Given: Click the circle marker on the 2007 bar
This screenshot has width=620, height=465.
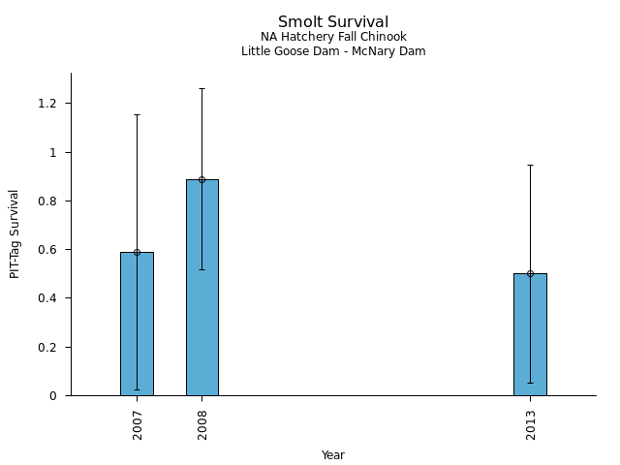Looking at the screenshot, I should (137, 252).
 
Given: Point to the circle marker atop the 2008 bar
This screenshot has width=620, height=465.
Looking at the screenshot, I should (202, 179).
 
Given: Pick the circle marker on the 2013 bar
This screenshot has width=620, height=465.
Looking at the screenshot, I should (530, 273).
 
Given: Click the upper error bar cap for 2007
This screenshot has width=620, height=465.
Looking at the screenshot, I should (137, 114).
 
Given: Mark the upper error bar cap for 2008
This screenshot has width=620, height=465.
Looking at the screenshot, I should (202, 88).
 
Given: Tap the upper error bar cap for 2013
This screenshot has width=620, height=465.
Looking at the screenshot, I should (530, 165).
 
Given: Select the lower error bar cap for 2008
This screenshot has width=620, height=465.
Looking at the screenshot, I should (202, 269).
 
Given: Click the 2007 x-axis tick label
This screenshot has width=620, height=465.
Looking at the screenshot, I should (138, 424).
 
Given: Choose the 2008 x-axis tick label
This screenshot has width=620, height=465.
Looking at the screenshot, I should (202, 424).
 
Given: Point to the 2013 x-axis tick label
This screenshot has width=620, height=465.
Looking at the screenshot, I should (531, 424).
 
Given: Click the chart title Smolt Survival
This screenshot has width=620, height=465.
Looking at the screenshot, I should (333, 22).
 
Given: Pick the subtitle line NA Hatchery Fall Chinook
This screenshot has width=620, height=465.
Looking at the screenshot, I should (333, 38).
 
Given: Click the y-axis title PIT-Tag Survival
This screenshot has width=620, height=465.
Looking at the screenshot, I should (15, 233).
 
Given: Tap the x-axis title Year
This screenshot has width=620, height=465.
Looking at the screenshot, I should (333, 455).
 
